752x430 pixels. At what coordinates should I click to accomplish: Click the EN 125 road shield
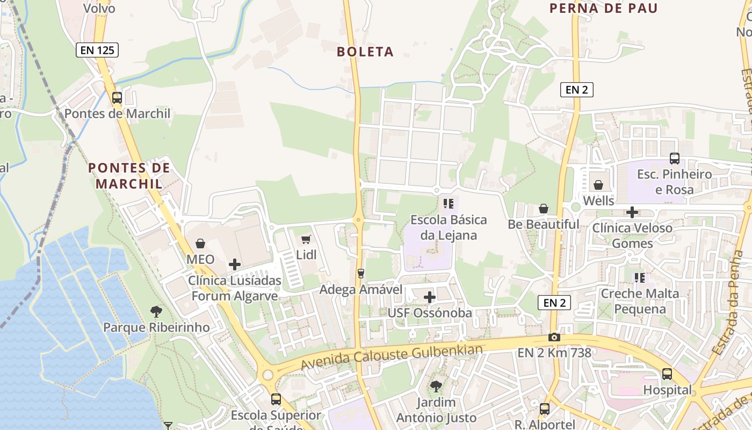tap(97, 51)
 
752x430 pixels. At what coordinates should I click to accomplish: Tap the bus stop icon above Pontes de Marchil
tap(117, 98)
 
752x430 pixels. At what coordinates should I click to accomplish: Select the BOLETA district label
tap(365, 52)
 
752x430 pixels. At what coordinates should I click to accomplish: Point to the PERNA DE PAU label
tap(604, 8)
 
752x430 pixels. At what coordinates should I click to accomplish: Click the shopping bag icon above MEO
tap(200, 243)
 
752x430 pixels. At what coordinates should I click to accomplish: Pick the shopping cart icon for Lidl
tap(306, 239)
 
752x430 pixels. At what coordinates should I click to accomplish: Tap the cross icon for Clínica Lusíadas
tap(235, 264)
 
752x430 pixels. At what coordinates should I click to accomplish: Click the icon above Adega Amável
tap(361, 274)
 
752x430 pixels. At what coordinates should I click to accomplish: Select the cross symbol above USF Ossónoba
tap(430, 297)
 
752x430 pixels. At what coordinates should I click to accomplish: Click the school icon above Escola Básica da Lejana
tap(449, 204)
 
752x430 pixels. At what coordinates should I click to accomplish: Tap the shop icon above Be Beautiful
tap(544, 209)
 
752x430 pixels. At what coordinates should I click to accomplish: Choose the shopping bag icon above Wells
tap(598, 185)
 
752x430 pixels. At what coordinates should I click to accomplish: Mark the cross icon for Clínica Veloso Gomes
tap(632, 212)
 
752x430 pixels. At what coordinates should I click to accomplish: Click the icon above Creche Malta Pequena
tap(639, 277)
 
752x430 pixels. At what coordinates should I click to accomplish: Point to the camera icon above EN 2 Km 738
tap(554, 337)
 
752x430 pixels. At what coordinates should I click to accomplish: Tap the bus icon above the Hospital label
tap(667, 374)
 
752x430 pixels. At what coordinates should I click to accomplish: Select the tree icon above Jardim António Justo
tap(436, 386)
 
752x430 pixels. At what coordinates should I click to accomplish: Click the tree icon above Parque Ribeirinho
tap(156, 311)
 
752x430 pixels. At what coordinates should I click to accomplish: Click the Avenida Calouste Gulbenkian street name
tap(392, 357)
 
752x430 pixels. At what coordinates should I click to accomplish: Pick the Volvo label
tap(99, 8)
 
